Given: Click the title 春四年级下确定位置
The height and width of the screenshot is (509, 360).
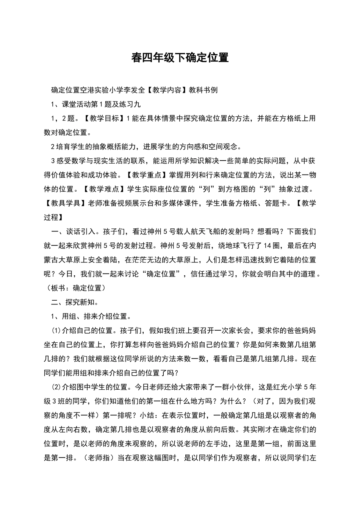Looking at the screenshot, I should [x=180, y=58].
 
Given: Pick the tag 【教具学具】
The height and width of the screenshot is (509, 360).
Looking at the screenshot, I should [x=66, y=203].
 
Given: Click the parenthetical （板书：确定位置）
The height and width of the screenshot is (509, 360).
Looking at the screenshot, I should [x=75, y=288].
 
